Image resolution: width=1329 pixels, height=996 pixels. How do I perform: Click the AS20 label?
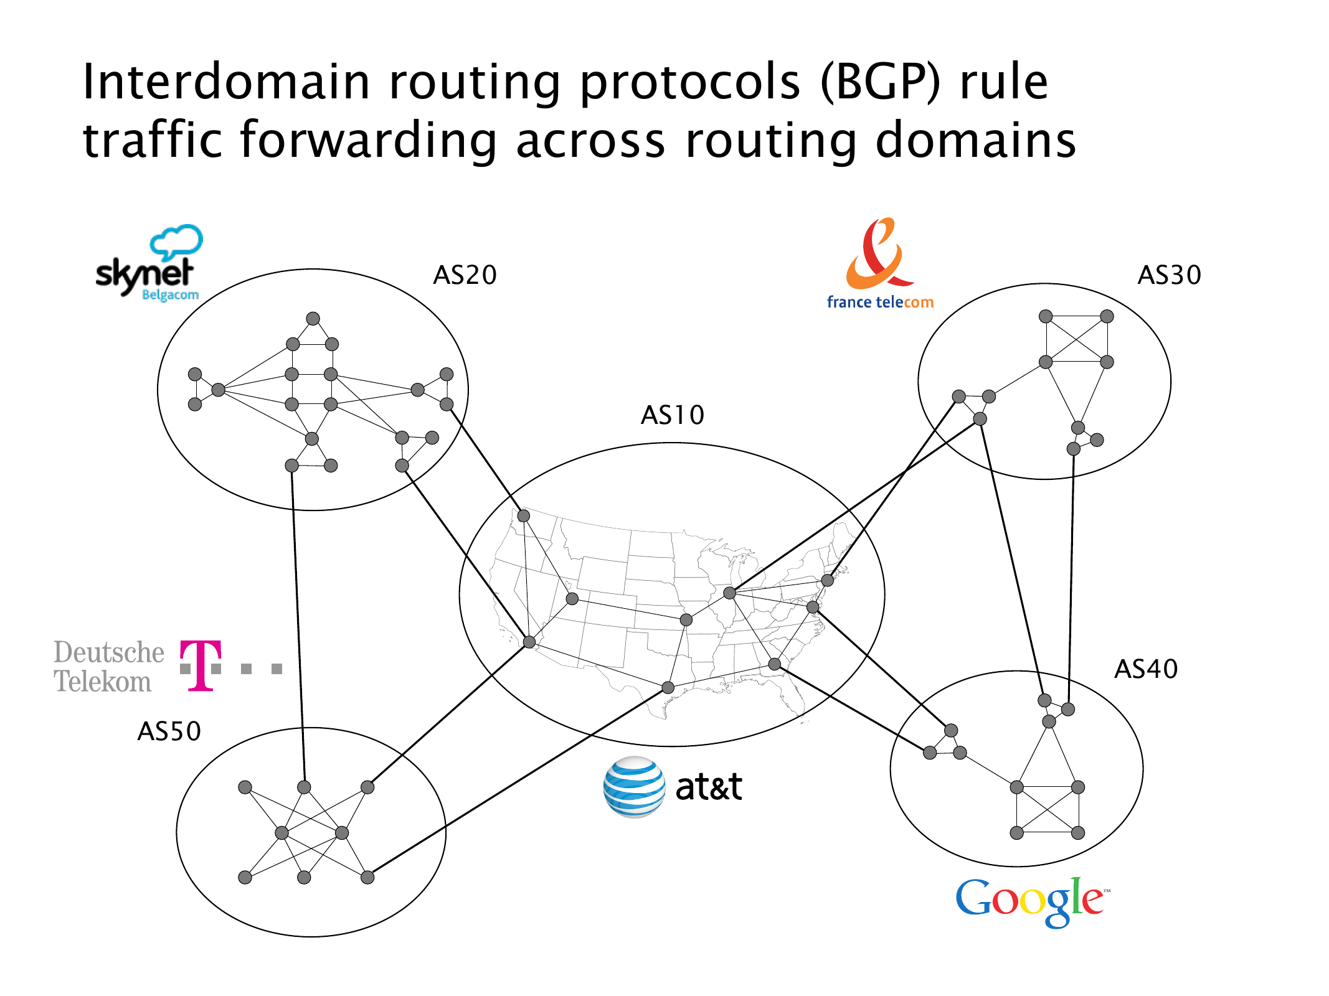(x=465, y=275)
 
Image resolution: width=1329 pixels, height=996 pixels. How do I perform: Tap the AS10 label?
(x=673, y=415)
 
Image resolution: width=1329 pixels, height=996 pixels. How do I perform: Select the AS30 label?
(x=1169, y=275)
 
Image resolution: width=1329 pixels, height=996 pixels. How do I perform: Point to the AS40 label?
(x=1146, y=669)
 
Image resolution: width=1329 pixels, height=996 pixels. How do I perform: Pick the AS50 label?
(x=169, y=731)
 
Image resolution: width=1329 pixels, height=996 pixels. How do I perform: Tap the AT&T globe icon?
(x=634, y=787)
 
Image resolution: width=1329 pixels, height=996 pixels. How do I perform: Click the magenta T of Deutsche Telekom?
(x=201, y=665)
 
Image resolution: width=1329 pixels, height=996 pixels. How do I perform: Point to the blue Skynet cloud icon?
(x=177, y=242)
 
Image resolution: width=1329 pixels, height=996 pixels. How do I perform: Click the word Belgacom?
(x=170, y=295)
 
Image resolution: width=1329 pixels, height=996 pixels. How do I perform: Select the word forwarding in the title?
(x=369, y=141)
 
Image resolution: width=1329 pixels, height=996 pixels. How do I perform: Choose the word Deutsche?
(x=109, y=652)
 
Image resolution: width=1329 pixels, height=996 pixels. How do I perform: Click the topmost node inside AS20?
(x=313, y=319)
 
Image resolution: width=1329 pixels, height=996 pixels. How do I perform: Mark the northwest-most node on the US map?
(x=524, y=515)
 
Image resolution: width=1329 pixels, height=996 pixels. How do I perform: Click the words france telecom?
(x=880, y=302)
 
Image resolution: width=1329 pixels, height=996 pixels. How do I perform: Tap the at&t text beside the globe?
(x=709, y=787)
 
